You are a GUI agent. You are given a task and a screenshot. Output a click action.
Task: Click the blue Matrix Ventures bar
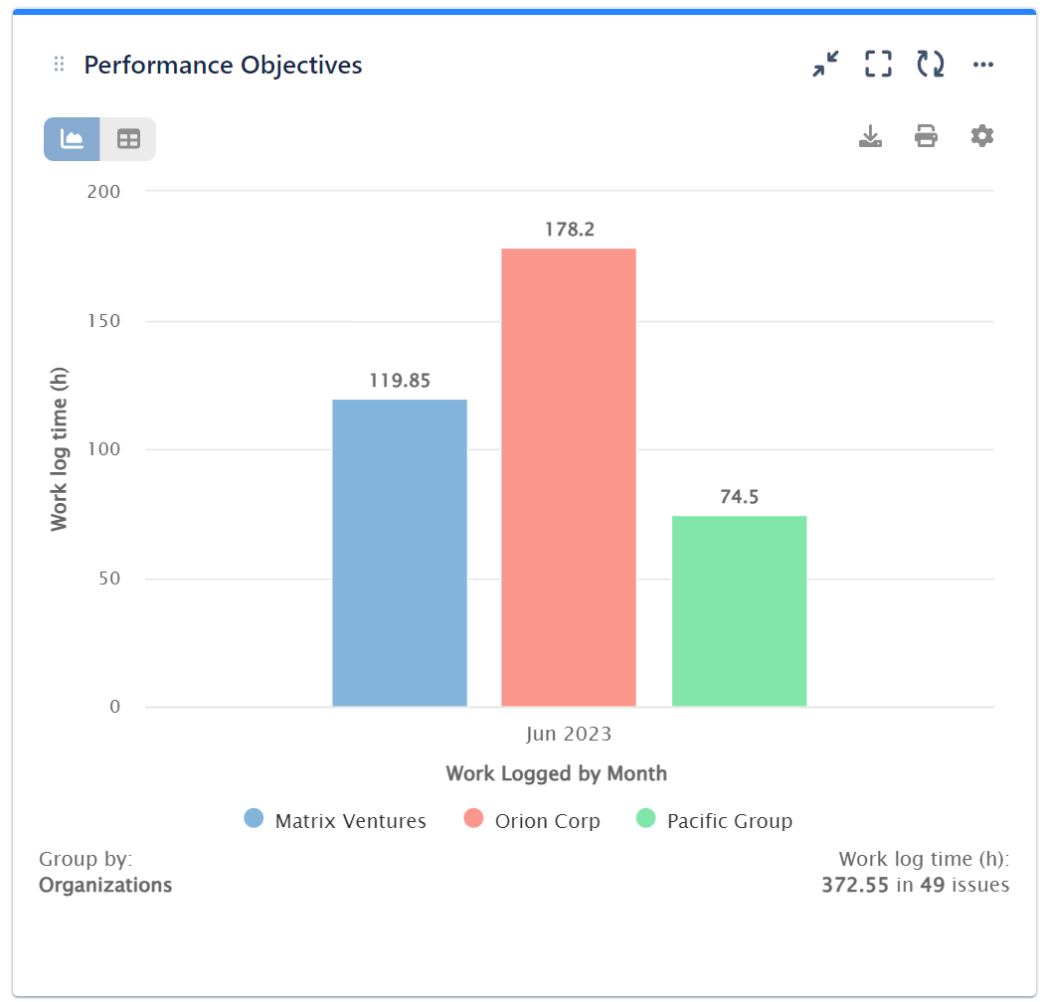(399, 553)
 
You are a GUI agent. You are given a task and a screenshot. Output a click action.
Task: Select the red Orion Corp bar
(568, 477)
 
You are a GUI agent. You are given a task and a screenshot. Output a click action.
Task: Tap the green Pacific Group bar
(739, 610)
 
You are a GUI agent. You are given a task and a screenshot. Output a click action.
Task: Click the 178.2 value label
(569, 230)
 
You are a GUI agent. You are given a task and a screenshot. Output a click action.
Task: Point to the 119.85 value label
(399, 381)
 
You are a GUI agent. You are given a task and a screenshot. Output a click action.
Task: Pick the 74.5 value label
(739, 497)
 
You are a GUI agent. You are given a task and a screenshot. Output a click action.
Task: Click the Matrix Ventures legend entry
(335, 821)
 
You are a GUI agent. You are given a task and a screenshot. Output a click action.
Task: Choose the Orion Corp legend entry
(532, 821)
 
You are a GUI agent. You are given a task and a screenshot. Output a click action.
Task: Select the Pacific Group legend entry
(714, 821)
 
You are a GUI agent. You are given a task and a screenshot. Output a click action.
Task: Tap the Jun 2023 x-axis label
(569, 736)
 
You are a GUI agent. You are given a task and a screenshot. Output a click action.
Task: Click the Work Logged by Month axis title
(556, 773)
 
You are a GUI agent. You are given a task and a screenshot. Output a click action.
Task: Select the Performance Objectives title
(223, 66)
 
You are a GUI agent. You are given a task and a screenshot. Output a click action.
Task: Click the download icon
(870, 136)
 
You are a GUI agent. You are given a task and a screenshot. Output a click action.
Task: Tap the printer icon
(926, 136)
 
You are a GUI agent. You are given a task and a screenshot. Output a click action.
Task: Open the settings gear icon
(982, 136)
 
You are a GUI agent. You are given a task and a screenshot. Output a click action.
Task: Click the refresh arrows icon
(930, 65)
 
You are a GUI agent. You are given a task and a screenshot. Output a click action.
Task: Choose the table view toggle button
(128, 139)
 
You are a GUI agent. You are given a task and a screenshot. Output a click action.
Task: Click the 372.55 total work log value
(854, 885)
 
